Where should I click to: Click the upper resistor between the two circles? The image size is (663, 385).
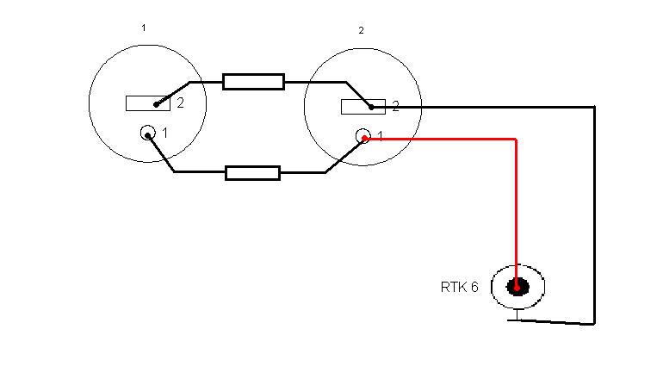coord(253,82)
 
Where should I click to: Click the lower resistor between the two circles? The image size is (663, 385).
coord(252,172)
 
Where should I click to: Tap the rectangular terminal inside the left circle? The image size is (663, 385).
coord(147,103)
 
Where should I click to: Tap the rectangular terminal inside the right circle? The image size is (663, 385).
coord(362,106)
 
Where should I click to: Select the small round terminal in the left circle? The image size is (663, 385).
coord(148,134)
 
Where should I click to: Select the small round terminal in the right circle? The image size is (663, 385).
coord(363,136)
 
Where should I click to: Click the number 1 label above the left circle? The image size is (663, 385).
coord(143,28)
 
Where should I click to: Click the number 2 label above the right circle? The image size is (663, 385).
coord(361,30)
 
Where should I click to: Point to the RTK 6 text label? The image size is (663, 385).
coord(459,288)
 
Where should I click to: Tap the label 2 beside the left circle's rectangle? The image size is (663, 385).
coord(180,103)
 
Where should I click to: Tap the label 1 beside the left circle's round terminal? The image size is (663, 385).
coord(165,134)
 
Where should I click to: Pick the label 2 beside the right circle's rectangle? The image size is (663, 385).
coord(395,106)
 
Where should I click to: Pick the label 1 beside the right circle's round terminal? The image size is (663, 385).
coord(380,136)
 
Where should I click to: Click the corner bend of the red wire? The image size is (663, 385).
coord(516,139)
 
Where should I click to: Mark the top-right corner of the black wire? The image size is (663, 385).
coord(593,107)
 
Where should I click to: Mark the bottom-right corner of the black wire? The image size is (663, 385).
coord(593,323)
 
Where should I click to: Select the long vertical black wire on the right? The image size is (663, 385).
coord(593,215)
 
